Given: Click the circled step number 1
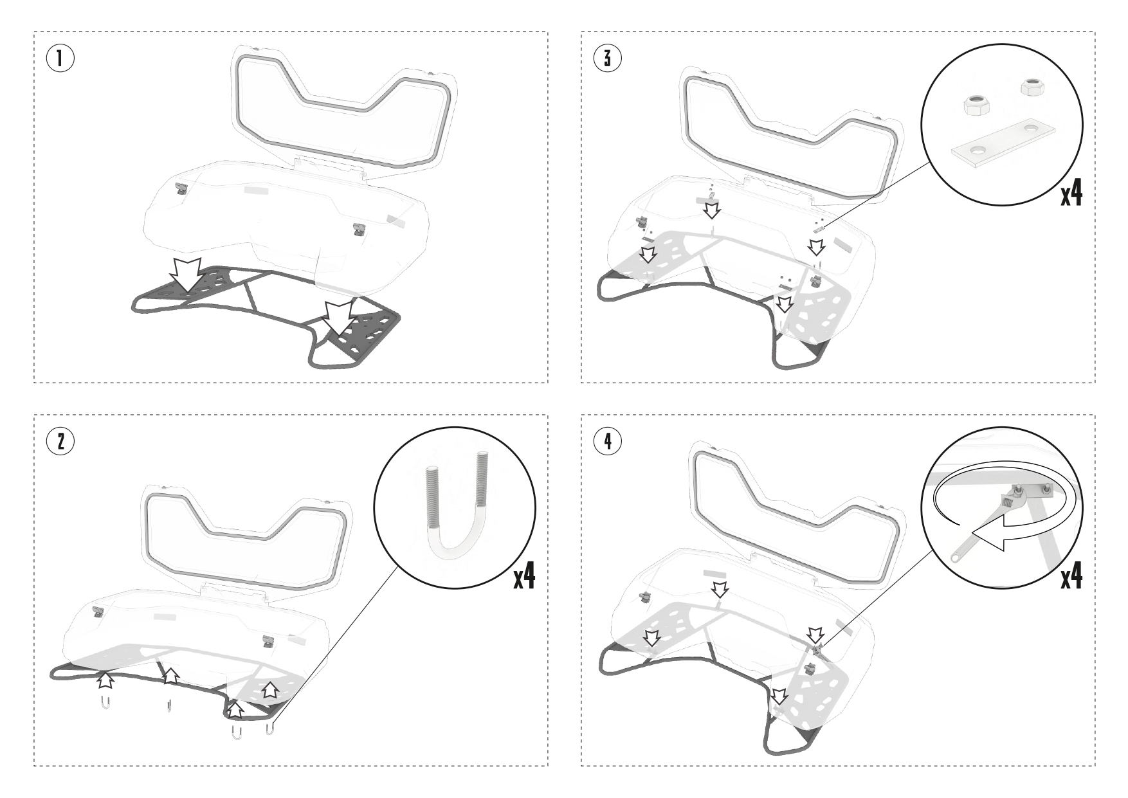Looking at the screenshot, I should (x=60, y=59).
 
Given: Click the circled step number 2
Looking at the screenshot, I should (x=60, y=441).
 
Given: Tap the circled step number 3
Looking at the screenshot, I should (x=607, y=59).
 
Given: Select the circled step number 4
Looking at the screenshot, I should (x=607, y=441).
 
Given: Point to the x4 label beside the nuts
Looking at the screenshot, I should (x=1071, y=193).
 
